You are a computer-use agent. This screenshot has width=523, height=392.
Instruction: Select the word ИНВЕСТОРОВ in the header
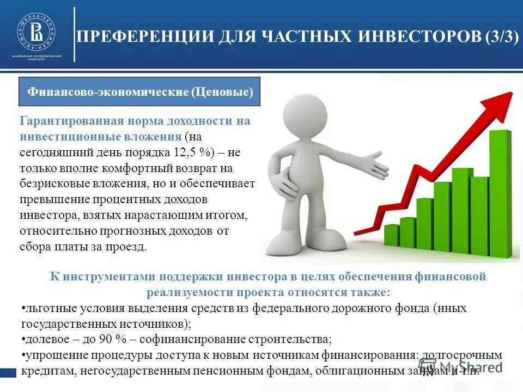(420, 38)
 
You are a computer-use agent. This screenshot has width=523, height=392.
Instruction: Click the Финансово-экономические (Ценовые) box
(140, 92)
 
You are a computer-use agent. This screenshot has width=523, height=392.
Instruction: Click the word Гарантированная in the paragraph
(70, 121)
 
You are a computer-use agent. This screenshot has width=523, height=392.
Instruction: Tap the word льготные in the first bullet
(47, 308)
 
